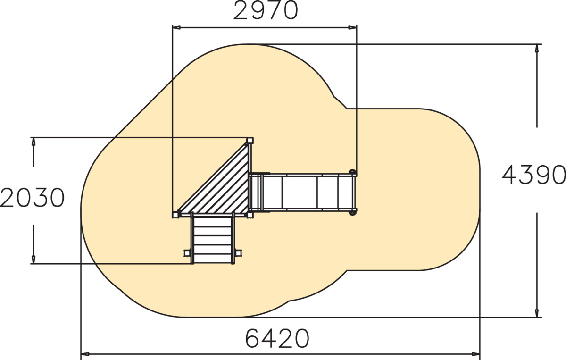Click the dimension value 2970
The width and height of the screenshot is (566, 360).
pos(266,11)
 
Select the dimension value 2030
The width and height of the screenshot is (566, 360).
pos(33,197)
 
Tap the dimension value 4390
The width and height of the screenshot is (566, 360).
pos(533,175)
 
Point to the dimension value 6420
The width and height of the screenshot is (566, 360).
pos(277,338)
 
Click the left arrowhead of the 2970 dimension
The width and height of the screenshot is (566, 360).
pos(176,27)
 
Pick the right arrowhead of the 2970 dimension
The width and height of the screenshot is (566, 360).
pos(352,27)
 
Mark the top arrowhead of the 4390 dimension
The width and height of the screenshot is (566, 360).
pos(537,49)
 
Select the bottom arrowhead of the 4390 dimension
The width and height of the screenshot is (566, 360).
pos(537,313)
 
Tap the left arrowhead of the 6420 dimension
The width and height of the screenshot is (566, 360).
pos(85,354)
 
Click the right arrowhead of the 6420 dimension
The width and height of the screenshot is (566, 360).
pos(475,354)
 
